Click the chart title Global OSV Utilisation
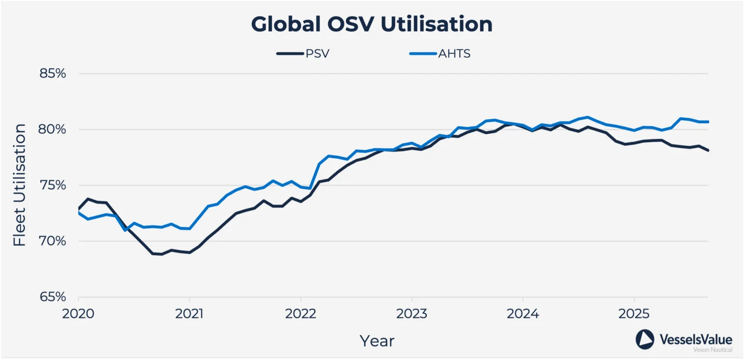click(372, 24)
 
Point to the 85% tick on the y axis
click(52, 74)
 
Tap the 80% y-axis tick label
click(52, 129)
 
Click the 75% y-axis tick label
click(52, 186)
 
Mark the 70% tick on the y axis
click(52, 241)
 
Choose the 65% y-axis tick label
click(52, 297)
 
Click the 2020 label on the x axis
click(78, 313)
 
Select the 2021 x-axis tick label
click(189, 313)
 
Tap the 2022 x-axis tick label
click(301, 313)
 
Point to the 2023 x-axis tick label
click(412, 313)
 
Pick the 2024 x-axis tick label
click(523, 313)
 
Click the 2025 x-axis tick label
click(634, 313)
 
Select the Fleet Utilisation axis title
click(19, 185)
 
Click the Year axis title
click(377, 341)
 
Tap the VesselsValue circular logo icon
click(645, 339)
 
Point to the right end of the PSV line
click(708, 150)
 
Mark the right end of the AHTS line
click(708, 122)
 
